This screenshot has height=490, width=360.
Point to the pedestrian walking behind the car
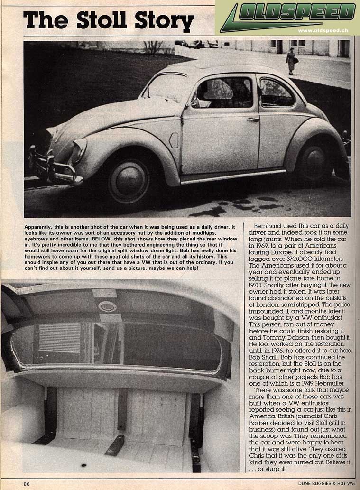pos(291,61)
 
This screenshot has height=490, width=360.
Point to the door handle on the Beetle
pos(253,119)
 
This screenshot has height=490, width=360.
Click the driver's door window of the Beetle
pos(224,93)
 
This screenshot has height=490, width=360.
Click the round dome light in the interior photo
pos(108,306)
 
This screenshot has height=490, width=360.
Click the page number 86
pos(27,484)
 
